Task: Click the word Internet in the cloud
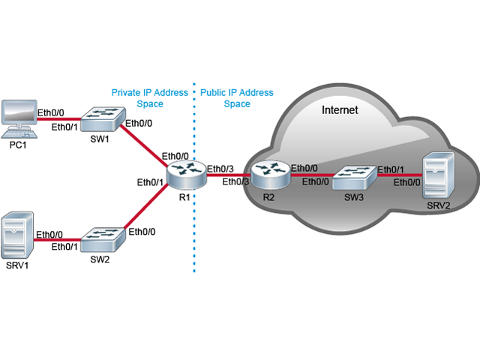click(x=340, y=110)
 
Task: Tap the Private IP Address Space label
click(x=149, y=98)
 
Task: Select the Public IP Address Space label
click(x=237, y=98)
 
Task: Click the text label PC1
click(x=19, y=145)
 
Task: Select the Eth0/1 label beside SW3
click(x=393, y=169)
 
